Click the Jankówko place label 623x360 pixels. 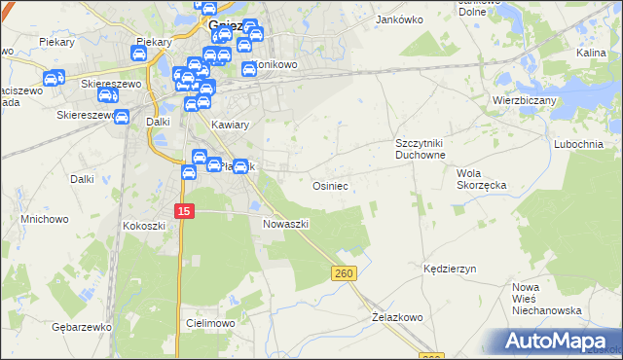click(x=395, y=18)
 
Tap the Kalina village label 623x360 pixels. click(x=591, y=53)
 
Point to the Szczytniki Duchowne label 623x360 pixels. click(x=420, y=148)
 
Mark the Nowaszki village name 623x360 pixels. click(x=286, y=223)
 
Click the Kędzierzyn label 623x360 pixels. click(x=449, y=267)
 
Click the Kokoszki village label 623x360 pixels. click(x=144, y=225)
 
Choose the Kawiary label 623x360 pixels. click(x=231, y=125)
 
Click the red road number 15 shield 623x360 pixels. click(x=185, y=211)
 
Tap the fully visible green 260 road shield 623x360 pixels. click(x=344, y=274)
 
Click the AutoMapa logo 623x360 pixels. click(x=557, y=340)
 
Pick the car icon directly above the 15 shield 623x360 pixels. click(x=189, y=172)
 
